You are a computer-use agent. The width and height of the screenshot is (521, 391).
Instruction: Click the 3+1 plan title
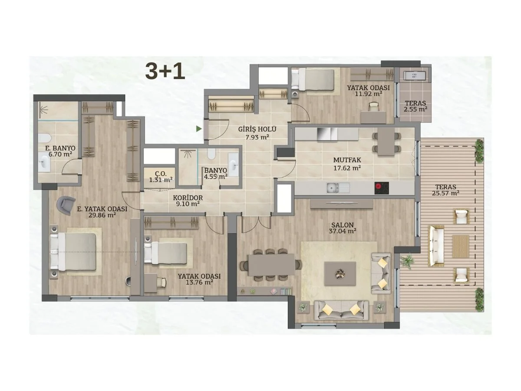point(165,71)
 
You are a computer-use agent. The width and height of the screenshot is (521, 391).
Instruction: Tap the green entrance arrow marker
point(199,129)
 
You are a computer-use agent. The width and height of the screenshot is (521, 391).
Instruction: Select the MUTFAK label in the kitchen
point(347,160)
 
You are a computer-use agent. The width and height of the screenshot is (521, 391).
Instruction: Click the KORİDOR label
point(188,198)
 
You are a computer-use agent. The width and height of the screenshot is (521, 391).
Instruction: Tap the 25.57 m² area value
point(445,193)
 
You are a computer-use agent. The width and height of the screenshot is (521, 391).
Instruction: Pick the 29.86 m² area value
point(102,215)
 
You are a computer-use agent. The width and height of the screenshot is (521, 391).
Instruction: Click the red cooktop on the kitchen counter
point(382,188)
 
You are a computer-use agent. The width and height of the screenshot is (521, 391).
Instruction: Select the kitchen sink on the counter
point(337,188)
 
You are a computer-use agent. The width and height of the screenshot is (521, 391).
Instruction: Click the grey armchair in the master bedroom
point(66,205)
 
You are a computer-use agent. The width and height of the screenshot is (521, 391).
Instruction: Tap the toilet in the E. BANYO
point(45,139)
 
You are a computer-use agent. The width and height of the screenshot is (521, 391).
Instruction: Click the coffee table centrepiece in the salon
point(340,274)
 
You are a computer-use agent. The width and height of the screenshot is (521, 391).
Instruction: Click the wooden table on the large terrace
point(461,246)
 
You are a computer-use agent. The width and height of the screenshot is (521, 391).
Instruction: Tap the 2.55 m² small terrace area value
point(415,109)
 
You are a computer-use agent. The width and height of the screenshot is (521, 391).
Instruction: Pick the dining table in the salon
point(271,265)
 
